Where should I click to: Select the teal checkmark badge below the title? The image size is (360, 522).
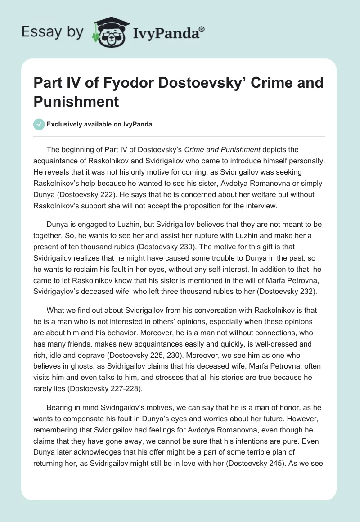[x=39, y=124]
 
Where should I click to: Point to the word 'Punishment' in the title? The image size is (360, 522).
[x=76, y=101]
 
